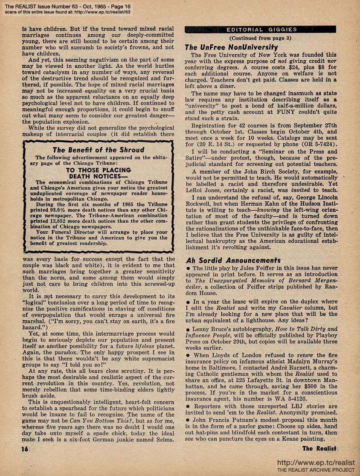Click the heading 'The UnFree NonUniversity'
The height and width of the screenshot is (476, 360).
[x=232, y=47]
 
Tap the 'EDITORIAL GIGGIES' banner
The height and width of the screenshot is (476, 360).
[x=261, y=29]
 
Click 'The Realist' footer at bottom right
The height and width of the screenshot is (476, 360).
[x=319, y=448]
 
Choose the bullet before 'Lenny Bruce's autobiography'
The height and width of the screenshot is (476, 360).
[x=188, y=330]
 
